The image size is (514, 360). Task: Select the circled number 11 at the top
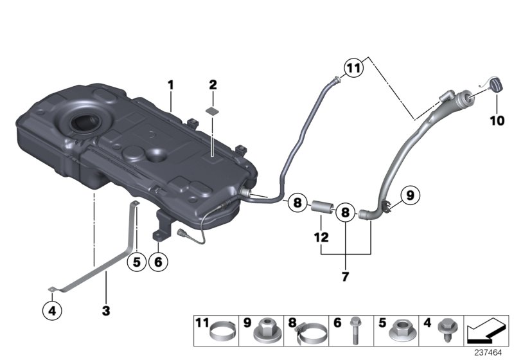tap(353, 67)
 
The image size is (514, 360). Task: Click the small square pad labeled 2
tap(213, 111)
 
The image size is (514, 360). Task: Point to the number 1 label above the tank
tap(171, 84)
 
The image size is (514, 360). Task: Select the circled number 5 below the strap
tap(136, 262)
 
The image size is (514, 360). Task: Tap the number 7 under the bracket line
tap(345, 277)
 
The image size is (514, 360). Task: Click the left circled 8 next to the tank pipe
tap(297, 202)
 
